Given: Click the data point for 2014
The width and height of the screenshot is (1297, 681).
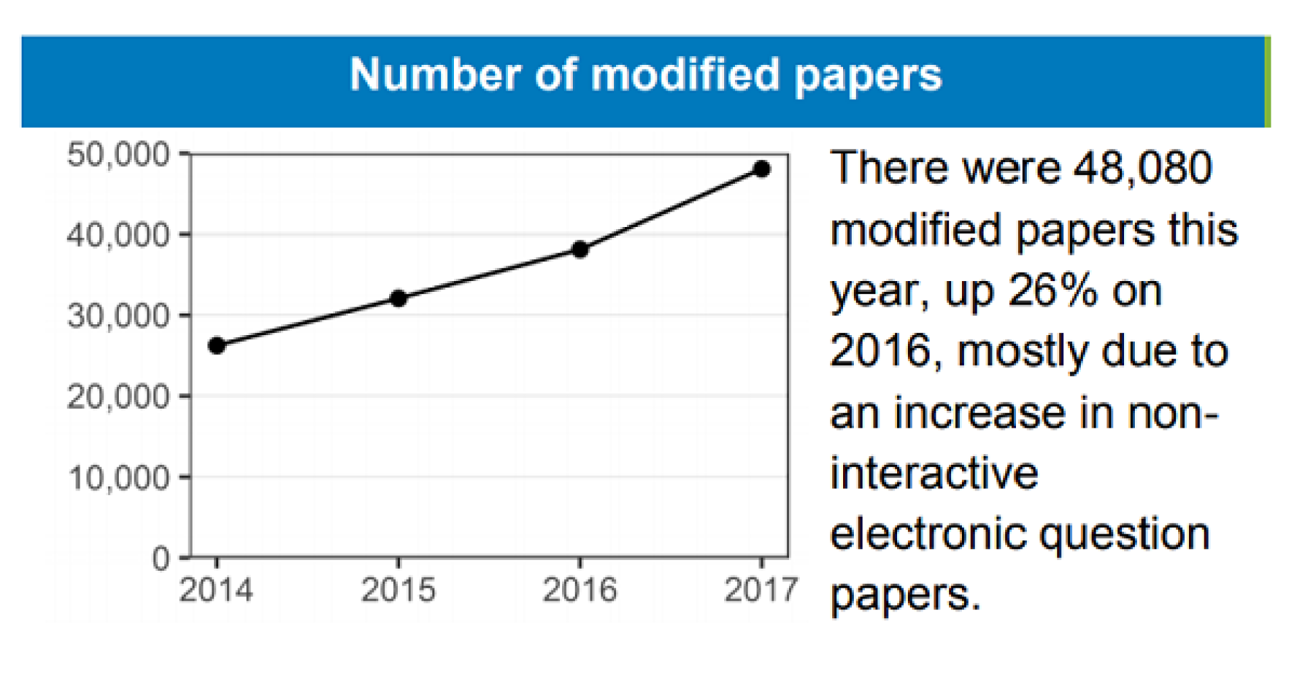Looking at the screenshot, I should coord(216,346).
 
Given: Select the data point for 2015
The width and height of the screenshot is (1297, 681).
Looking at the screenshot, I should coord(399,298).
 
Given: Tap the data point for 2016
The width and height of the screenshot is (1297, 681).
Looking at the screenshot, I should coord(580,249).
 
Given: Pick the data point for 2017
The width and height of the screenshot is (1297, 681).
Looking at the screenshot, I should coord(761,169).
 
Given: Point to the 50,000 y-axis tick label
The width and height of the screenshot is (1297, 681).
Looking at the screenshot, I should coord(118,155).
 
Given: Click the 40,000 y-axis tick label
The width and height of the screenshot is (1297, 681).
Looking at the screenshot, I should coord(118,235).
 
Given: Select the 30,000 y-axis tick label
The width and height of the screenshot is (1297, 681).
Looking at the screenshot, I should coord(118,316).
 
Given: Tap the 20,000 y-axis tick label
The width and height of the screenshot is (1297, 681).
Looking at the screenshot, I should coord(118,397).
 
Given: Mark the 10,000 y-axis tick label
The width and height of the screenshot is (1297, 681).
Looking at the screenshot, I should coord(118,478).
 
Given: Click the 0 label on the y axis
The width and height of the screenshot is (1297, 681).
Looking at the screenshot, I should coord(161,559).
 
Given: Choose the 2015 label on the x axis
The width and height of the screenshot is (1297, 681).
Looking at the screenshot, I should coord(399,590).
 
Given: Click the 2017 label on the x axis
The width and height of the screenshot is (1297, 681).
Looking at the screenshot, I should coord(761,590).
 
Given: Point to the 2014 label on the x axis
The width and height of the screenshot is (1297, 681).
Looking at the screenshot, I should coord(216,590).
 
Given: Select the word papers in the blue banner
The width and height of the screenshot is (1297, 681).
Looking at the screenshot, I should coord(867,76).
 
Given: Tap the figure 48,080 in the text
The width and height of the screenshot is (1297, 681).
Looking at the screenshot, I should coord(1143,168).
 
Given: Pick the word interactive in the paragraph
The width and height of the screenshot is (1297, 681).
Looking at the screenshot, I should coord(934,474).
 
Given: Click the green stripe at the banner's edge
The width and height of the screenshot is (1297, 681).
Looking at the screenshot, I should coord(1267,82).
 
